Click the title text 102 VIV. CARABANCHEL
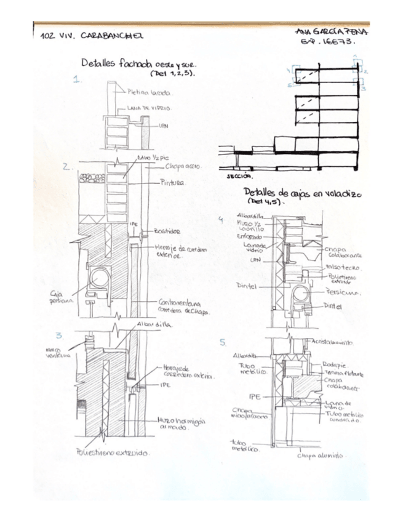click(x=91, y=35)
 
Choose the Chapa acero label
click(x=183, y=167)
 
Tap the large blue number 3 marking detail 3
click(x=59, y=335)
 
